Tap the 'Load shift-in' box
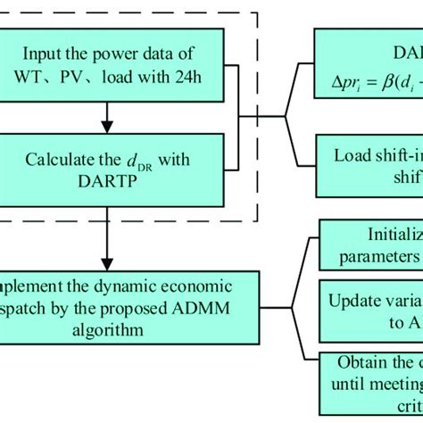coord(368,163)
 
